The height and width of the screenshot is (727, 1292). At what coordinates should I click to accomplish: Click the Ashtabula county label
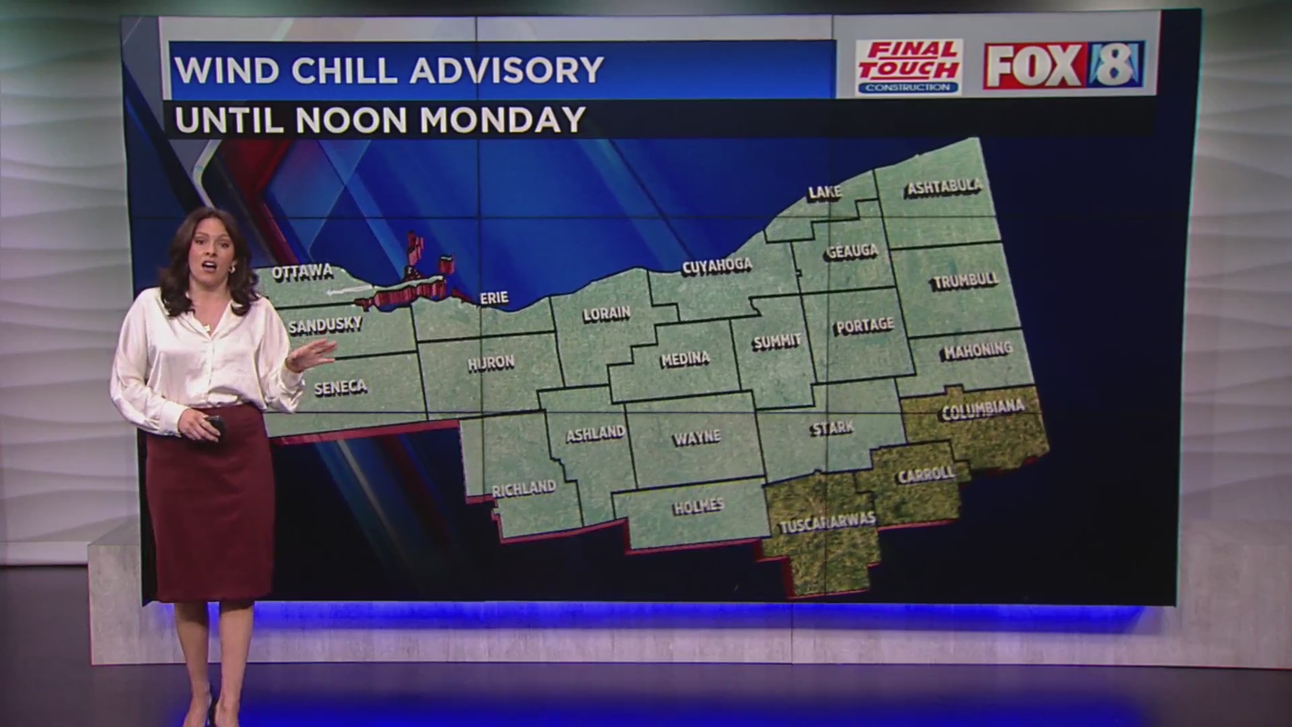(944, 186)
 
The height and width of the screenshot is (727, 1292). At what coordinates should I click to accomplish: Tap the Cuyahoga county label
(717, 266)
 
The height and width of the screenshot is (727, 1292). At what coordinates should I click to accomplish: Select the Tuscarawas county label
(828, 522)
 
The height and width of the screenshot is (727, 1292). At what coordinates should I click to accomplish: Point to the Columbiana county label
(982, 409)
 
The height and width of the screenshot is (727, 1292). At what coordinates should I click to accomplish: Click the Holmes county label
(698, 506)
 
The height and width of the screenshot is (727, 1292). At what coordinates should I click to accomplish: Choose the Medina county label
(685, 359)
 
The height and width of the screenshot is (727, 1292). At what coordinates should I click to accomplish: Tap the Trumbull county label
(966, 281)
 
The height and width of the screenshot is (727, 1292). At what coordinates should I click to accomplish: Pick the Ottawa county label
(303, 272)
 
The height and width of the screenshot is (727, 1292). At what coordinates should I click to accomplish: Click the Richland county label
(524, 488)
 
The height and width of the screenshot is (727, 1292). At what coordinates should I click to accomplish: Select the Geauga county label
(853, 252)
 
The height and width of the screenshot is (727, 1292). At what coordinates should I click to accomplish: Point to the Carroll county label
(926, 474)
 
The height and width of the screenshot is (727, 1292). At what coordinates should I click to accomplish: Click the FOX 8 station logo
(1063, 65)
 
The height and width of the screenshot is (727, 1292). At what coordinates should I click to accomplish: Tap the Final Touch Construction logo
(908, 67)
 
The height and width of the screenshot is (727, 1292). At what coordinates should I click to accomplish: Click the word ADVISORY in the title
(506, 70)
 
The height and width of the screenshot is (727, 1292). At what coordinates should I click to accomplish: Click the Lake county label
(824, 193)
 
